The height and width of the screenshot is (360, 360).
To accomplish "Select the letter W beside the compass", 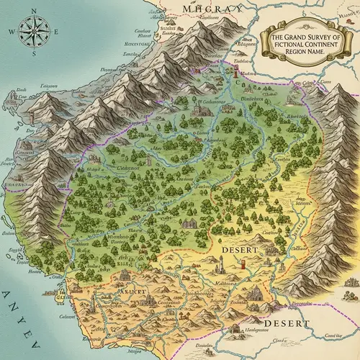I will pos(10,32).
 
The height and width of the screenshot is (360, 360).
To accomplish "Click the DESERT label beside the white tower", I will pos(235,249).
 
